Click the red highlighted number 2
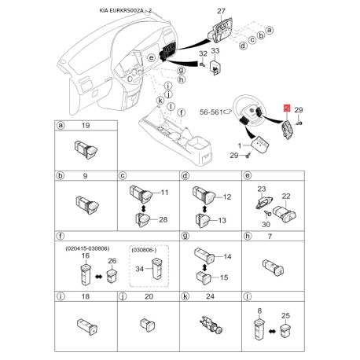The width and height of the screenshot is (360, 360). tap(287, 108)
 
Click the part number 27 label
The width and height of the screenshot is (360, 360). tap(221, 11)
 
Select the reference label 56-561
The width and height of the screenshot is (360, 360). tap(211, 112)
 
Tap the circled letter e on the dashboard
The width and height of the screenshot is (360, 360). tap(152, 57)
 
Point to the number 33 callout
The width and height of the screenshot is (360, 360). tap(215, 50)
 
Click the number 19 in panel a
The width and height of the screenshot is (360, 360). tap(86, 126)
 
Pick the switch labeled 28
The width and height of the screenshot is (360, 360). tap(142, 219)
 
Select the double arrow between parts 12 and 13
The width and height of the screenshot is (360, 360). tap(204, 209)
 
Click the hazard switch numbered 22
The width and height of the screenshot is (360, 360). tap(285, 215)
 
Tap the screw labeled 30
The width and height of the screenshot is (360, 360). tap(267, 214)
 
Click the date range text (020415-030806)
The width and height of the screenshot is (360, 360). tap(87, 248)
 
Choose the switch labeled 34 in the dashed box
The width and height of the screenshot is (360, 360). tap(156, 269)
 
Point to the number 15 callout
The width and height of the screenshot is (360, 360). tap(224, 277)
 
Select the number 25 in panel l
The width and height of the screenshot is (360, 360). tap(285, 316)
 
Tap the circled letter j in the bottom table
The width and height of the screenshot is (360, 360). tap(123, 296)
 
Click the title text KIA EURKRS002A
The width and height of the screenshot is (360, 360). tap(122, 11)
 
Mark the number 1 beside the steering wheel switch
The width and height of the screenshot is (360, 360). tap(240, 145)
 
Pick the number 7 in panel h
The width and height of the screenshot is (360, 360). tap(270, 237)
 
